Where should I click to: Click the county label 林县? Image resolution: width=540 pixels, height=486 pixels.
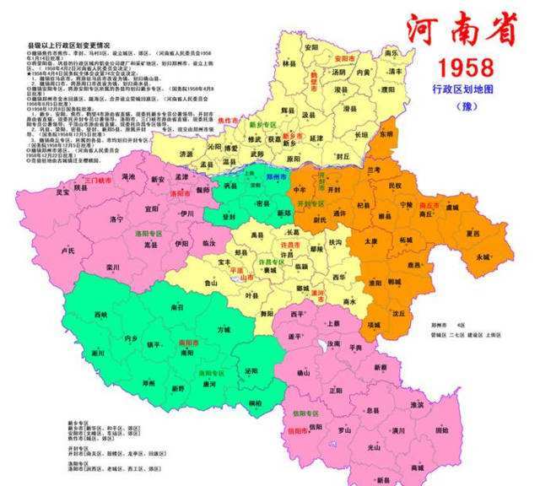tap(290, 63)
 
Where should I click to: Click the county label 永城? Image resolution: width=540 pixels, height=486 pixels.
tap(483, 256)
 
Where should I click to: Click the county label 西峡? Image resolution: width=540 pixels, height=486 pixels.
tap(101, 315)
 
